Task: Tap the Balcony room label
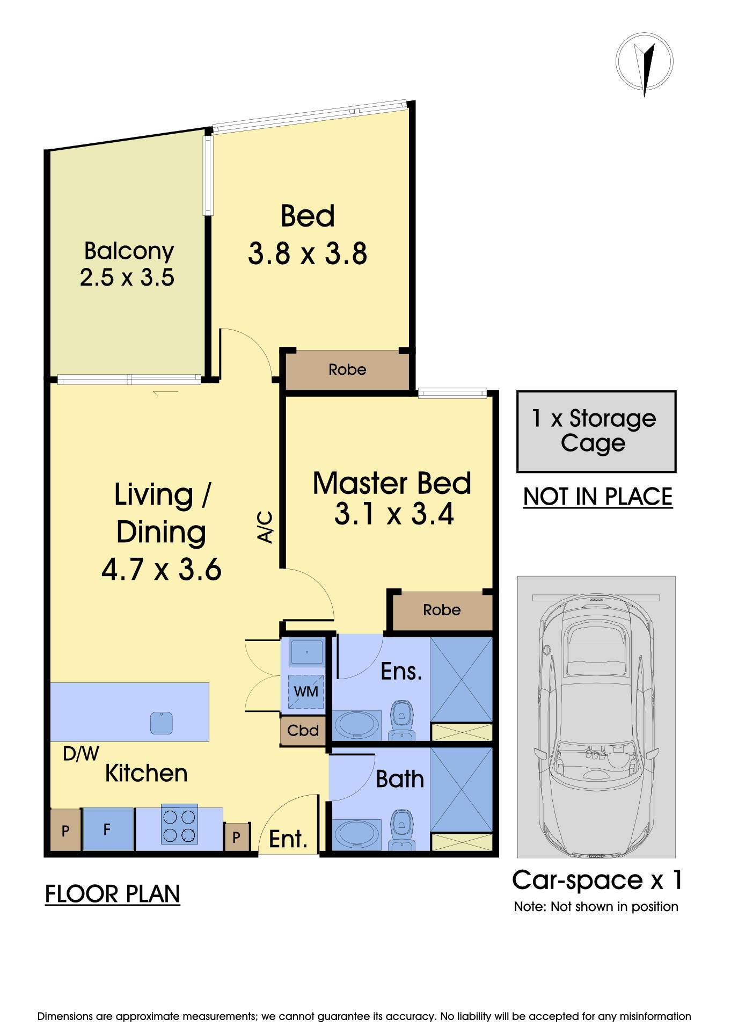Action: [x=129, y=251]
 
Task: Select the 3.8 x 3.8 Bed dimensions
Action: [x=308, y=253]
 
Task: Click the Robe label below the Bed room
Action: [x=347, y=369]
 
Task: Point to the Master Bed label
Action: [x=392, y=483]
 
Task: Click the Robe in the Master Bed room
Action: [x=442, y=610]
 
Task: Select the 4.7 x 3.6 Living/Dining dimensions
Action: [x=162, y=569]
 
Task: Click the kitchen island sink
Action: [x=162, y=723]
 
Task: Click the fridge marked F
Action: [x=107, y=829]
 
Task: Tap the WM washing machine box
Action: [x=306, y=691]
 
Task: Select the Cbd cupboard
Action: [x=303, y=731]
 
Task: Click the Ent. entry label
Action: [x=288, y=839]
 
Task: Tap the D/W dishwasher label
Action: [x=81, y=754]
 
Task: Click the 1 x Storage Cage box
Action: [x=596, y=432]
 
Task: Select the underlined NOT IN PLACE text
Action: [x=598, y=497]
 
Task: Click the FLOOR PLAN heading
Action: [x=113, y=894]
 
